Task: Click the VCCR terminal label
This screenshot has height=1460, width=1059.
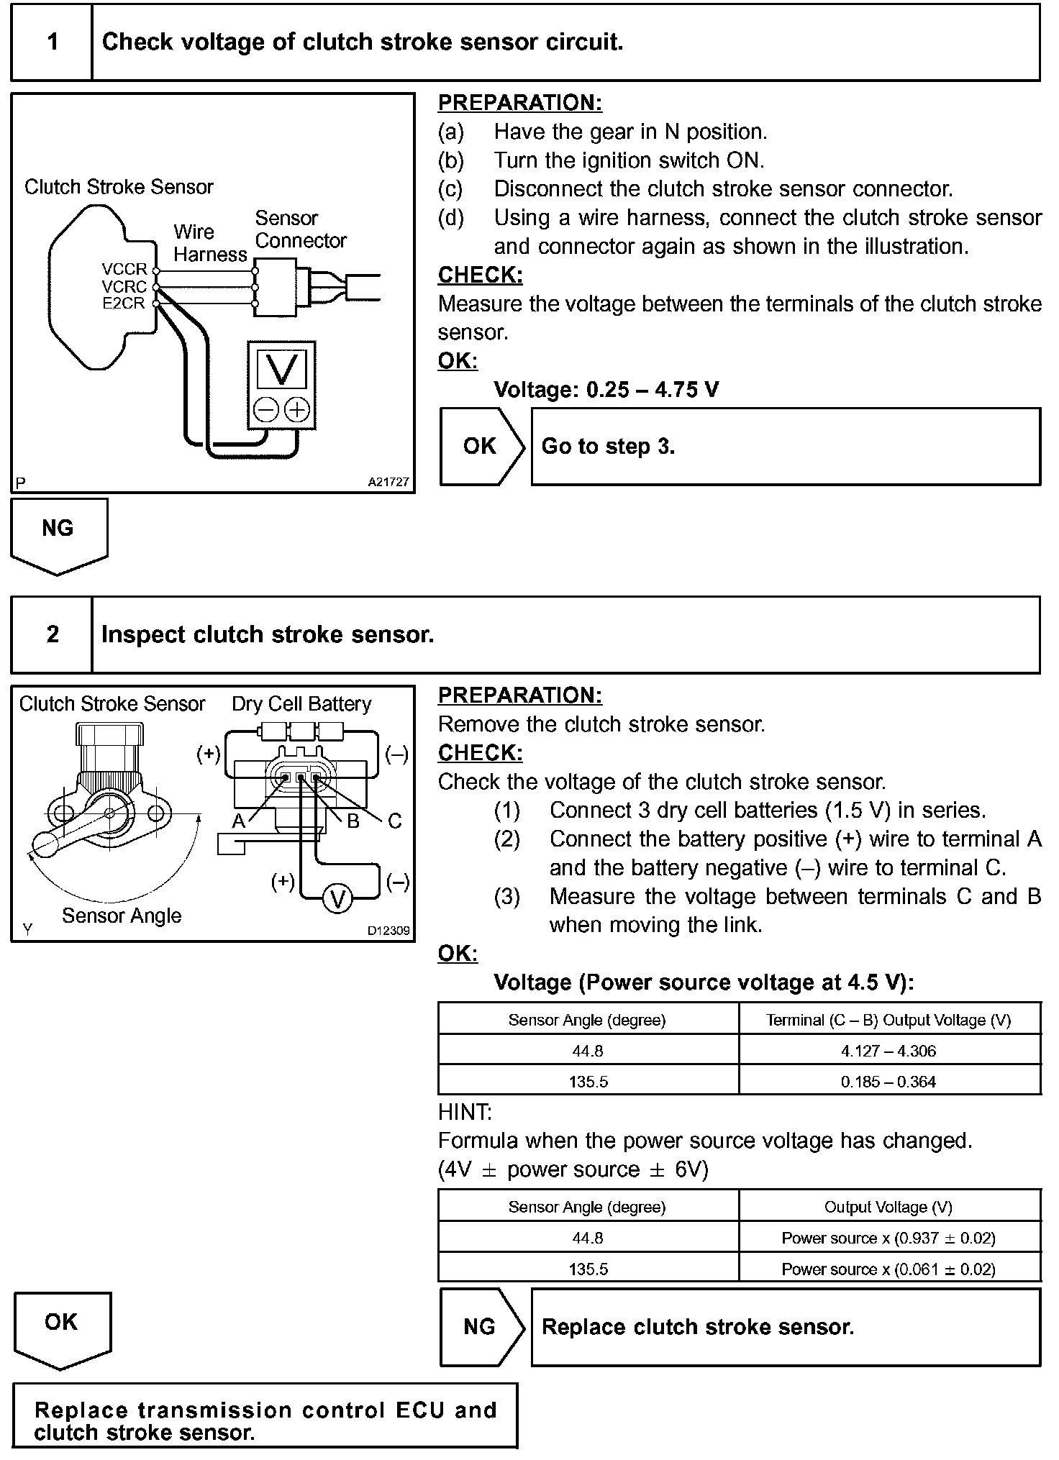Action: [124, 270]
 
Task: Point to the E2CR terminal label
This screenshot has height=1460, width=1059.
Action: [124, 304]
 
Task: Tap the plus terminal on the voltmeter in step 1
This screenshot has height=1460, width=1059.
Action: [296, 410]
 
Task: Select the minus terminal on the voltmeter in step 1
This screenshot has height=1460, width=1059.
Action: [265, 410]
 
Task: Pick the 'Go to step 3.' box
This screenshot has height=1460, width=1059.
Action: [785, 447]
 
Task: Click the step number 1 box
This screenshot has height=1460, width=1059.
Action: [52, 42]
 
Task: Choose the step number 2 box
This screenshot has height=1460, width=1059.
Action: [52, 634]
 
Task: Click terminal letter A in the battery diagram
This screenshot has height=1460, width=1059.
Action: [238, 821]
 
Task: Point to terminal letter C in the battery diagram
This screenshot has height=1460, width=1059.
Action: [394, 821]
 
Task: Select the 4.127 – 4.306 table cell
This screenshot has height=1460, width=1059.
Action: [888, 1051]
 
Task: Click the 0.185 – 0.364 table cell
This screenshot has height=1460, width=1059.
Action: [888, 1082]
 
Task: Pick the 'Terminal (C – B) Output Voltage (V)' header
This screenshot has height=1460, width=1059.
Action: [888, 1020]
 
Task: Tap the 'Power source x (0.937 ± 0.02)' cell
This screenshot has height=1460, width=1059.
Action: [888, 1238]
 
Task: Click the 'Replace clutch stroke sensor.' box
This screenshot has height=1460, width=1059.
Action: [785, 1327]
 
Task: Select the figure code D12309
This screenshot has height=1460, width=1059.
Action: [388, 931]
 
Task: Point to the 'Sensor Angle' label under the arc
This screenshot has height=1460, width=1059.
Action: [122, 916]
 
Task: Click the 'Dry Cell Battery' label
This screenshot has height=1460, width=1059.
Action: [301, 704]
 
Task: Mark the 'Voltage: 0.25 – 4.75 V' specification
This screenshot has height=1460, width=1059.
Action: [606, 390]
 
